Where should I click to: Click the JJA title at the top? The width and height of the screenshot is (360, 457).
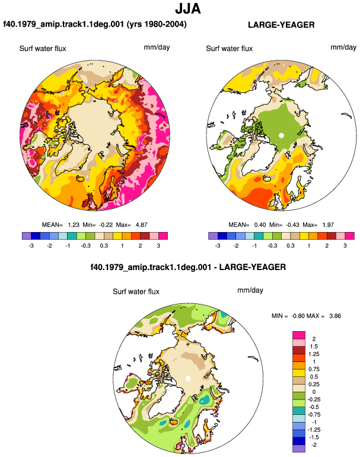[188, 9]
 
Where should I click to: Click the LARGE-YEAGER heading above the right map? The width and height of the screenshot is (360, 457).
[281, 25]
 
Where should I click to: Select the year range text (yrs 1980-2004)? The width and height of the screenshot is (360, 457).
[157, 24]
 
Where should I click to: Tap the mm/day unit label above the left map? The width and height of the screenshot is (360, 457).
[157, 47]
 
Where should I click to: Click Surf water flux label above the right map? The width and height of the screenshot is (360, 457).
[229, 49]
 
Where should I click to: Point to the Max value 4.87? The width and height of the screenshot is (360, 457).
[142, 225]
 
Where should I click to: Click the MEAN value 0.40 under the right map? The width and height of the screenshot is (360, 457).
[260, 225]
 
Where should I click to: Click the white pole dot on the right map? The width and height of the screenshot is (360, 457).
[281, 135]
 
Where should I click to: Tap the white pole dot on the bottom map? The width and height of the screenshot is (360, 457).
[188, 378]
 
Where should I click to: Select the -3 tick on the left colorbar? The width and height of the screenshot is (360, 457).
[31, 246]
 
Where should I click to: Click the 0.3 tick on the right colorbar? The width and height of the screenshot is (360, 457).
[291, 246]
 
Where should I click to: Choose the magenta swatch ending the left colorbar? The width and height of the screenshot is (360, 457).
[163, 236]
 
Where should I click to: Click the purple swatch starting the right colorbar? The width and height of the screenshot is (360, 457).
[213, 236]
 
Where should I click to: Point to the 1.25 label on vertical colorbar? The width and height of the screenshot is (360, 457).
[314, 354]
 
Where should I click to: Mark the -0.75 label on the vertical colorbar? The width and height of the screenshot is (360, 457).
[314, 414]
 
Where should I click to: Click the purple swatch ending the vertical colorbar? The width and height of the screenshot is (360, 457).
[299, 449]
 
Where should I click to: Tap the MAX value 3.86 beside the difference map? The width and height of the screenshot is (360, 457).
[335, 316]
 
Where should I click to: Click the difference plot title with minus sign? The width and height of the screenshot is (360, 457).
[188, 267]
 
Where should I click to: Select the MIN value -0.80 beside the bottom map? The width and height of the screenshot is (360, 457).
[298, 316]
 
